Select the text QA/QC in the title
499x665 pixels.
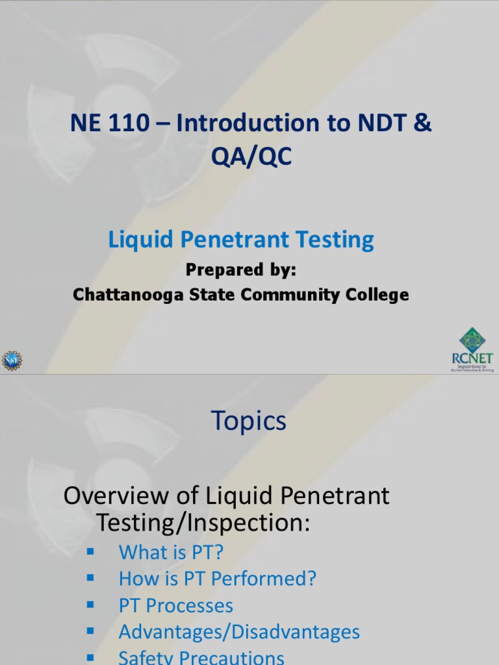[250, 157]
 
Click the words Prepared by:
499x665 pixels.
[241, 270]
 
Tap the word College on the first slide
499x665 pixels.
[377, 294]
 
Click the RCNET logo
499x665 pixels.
[472, 351]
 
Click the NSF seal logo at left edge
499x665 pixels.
[11, 360]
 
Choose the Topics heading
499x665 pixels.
[249, 421]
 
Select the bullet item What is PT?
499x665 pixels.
[171, 553]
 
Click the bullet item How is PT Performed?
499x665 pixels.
[218, 579]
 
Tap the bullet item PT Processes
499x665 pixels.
[175, 606]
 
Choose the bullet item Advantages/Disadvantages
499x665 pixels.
[239, 632]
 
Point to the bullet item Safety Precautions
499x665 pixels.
[201, 657]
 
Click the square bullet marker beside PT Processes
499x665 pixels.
[90, 605]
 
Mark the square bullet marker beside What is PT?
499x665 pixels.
[90, 551]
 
